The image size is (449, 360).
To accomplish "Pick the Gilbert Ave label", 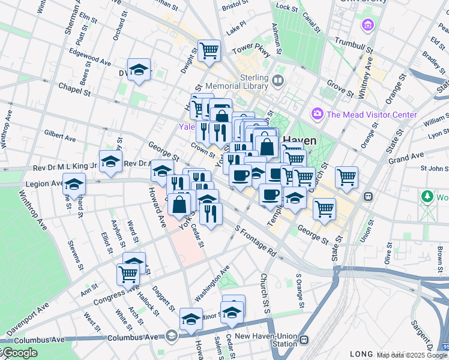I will (59, 138).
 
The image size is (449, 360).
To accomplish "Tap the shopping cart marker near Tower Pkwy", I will (209, 50).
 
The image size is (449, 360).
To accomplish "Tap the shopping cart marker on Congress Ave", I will (128, 273).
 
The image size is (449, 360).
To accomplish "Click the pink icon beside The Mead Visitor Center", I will (317, 113).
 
